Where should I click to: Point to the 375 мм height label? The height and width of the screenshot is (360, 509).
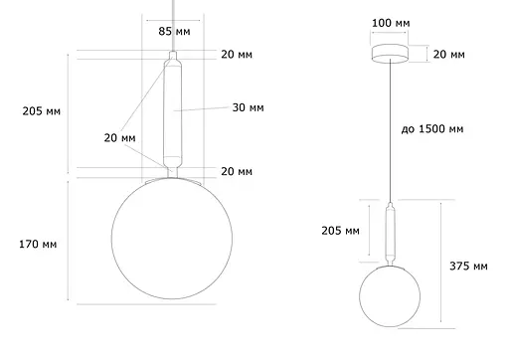[x=468, y=267]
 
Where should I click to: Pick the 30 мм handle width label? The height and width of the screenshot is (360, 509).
[x=248, y=106]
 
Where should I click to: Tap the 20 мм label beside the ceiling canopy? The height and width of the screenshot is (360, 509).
[x=449, y=55]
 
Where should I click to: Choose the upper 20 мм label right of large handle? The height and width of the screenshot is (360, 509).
[x=237, y=56]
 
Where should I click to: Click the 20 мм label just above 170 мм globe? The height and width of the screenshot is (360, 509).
[x=237, y=171]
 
